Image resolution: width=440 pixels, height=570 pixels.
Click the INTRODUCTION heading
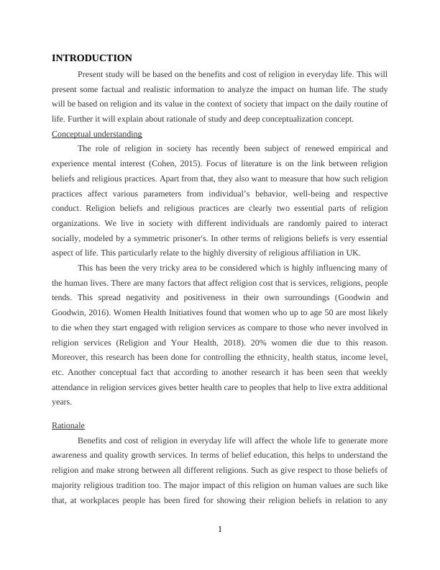click(x=92, y=58)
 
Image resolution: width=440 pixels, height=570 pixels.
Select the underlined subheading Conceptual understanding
click(x=97, y=134)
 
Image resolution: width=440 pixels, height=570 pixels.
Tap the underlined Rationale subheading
click(x=68, y=425)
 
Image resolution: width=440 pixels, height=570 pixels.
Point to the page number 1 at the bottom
click(x=220, y=530)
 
